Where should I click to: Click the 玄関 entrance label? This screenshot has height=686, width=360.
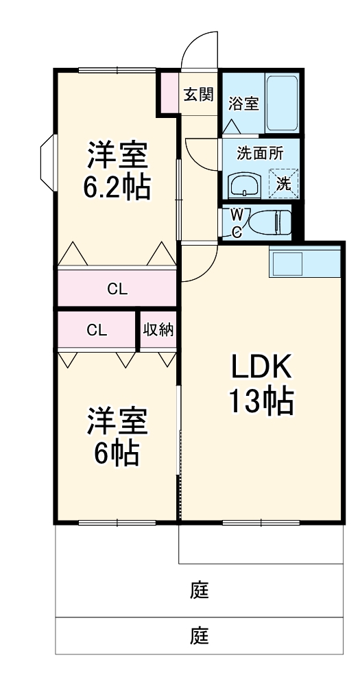tap(199, 95)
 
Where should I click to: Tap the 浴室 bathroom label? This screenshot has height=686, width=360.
tap(243, 104)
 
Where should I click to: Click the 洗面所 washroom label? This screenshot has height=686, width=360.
tap(260, 154)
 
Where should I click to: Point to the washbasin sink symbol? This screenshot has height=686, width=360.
tap(244, 185)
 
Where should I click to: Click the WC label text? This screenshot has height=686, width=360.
tap(235, 223)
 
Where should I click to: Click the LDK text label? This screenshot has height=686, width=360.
tap(261, 368)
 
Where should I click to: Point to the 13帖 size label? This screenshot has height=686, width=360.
tap(261, 401)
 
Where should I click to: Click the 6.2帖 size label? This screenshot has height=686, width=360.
tap(117, 187)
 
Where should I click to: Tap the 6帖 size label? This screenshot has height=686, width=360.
tap(117, 453)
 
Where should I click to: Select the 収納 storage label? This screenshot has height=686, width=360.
tap(158, 329)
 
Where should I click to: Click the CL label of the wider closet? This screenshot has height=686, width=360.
tap(117, 289)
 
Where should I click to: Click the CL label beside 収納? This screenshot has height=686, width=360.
tap(97, 330)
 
